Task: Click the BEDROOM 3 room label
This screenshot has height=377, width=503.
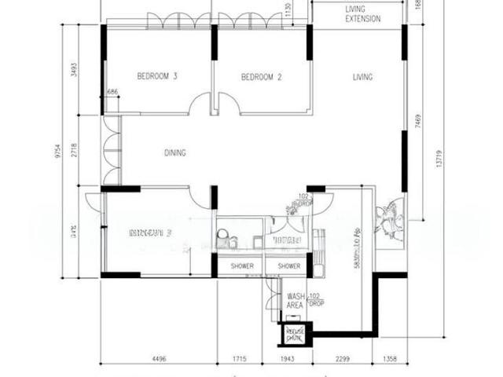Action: pos(157,76)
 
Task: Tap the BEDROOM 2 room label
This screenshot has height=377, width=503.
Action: pos(261,77)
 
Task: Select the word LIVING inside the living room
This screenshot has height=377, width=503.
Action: pos(362,77)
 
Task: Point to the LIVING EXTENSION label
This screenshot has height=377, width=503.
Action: pos(363,13)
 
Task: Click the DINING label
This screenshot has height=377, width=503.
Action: pos(174,152)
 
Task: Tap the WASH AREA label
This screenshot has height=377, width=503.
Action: pos(295,300)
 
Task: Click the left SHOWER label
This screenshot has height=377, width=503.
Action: pos(241,266)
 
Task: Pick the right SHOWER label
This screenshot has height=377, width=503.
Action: pos(288,266)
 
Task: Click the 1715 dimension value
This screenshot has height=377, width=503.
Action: pos(240,360)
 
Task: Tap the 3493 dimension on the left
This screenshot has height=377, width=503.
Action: pos(74,68)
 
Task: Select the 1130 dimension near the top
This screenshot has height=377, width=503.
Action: pos(288,9)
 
